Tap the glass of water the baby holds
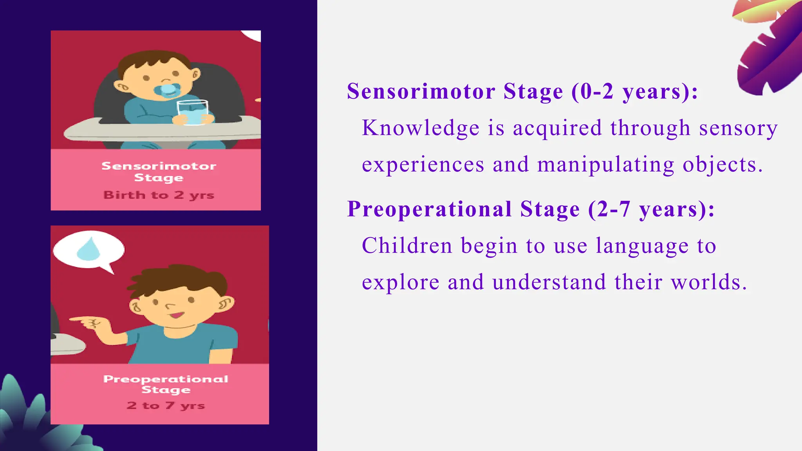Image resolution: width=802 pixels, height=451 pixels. click(x=192, y=113)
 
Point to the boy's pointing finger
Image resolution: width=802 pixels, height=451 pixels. click(x=78, y=320)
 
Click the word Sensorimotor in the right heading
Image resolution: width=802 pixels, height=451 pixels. click(x=421, y=92)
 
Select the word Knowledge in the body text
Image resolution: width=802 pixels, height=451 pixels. click(x=421, y=128)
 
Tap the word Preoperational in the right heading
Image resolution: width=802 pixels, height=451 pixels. click(x=429, y=209)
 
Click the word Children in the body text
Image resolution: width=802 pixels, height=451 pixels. click(x=407, y=246)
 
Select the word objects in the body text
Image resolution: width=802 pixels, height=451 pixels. click(x=722, y=165)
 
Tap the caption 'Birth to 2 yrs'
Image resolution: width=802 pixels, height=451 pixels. click(x=159, y=195)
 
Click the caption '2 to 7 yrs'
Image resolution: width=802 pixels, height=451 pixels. click(x=166, y=406)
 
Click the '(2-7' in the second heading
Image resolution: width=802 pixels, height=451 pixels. click(x=609, y=209)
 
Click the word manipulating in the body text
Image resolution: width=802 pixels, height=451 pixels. click(x=606, y=165)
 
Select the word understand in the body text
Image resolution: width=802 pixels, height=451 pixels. click(x=549, y=282)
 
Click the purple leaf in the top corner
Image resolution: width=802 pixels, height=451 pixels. click(x=769, y=51)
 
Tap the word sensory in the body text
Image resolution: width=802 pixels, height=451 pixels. click(x=738, y=128)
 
